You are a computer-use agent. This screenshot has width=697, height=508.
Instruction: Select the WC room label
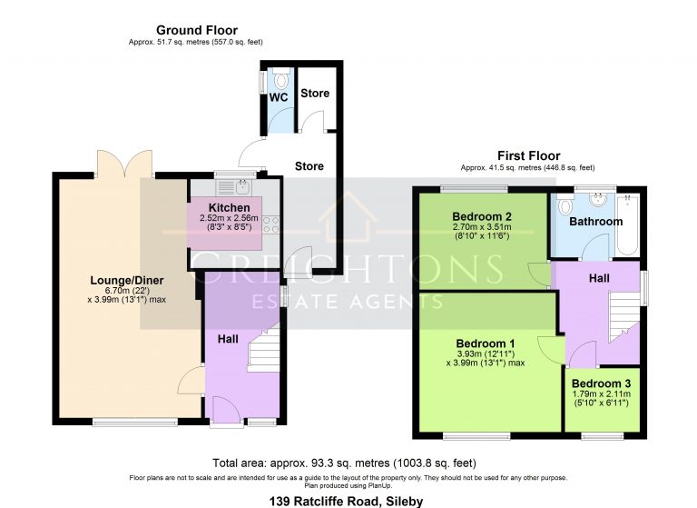point(279,96)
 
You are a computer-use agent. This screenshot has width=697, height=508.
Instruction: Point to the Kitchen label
point(229,208)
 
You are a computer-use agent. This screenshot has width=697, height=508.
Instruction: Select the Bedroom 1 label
point(486,344)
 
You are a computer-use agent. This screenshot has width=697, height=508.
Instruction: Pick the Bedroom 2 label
point(483,215)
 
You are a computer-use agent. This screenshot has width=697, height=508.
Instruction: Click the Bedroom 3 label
point(602,383)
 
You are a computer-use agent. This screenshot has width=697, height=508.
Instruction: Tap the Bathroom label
point(595,221)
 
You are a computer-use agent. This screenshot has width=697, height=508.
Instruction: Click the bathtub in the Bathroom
point(628,224)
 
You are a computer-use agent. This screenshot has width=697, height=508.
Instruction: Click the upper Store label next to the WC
point(315,94)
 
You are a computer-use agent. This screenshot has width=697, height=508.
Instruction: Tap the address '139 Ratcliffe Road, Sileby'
point(348,500)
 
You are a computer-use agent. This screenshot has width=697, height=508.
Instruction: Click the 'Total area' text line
point(348,462)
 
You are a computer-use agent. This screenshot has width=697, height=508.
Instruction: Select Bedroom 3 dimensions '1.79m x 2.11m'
point(602,395)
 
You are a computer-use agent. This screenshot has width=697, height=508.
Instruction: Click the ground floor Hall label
point(228,338)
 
